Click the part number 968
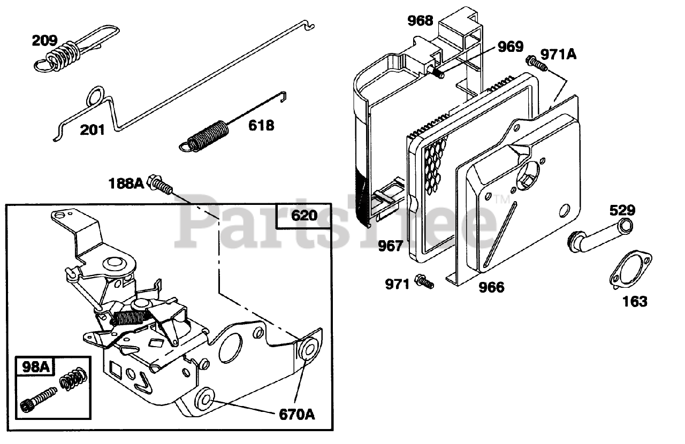tap(420, 21)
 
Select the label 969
tap(510, 47)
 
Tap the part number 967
tap(391, 246)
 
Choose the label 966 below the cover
tap(491, 287)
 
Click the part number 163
tap(635, 301)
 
